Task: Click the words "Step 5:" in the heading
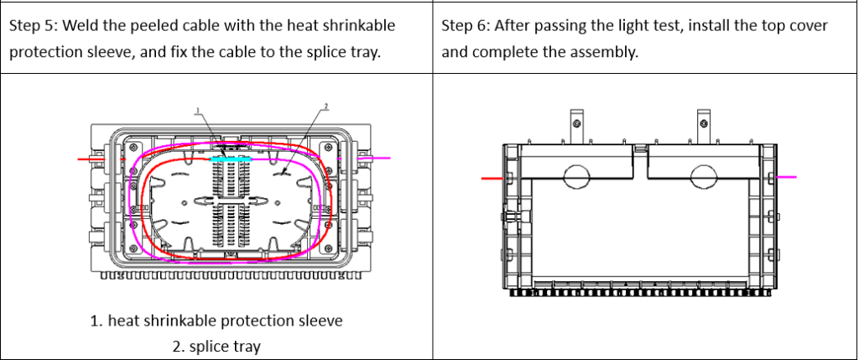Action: coord(33,26)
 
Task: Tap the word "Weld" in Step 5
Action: coord(82,26)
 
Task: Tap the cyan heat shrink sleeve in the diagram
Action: coord(229,158)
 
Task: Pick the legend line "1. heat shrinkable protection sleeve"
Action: coord(216,321)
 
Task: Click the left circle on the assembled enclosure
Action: coord(577,176)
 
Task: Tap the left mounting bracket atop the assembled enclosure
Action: coord(577,124)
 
